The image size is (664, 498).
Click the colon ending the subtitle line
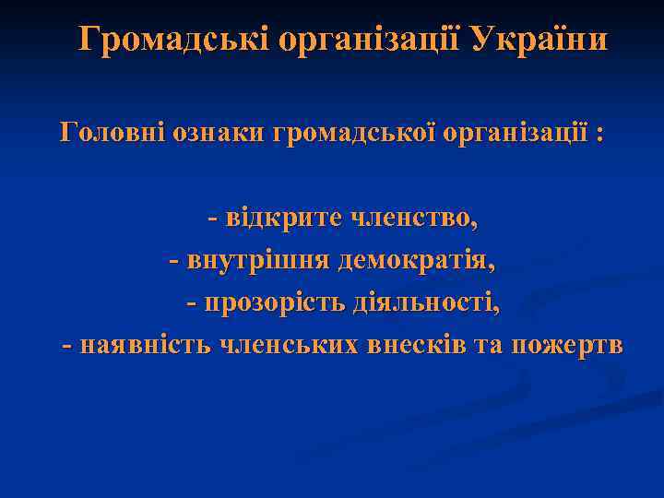tap(601, 134)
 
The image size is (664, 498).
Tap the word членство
tap(413, 218)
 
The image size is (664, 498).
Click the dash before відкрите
tap(214, 219)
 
